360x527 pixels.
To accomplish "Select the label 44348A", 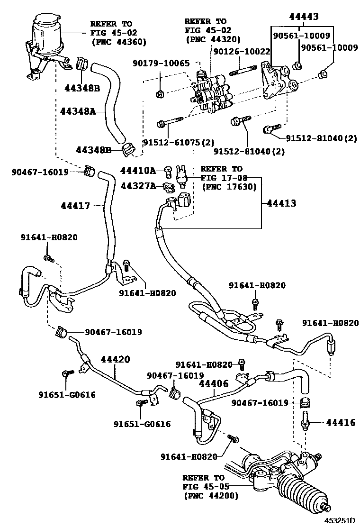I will (78, 111).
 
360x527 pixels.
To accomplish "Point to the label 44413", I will (281, 203).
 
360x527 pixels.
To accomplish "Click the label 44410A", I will (137, 170).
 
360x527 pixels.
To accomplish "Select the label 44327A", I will (137, 186).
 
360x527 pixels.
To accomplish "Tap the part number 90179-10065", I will (161, 63).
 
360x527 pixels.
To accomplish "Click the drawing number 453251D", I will (340, 520).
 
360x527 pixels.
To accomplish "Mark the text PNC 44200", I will (211, 496).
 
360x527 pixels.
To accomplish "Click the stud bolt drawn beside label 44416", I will (306, 421).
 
